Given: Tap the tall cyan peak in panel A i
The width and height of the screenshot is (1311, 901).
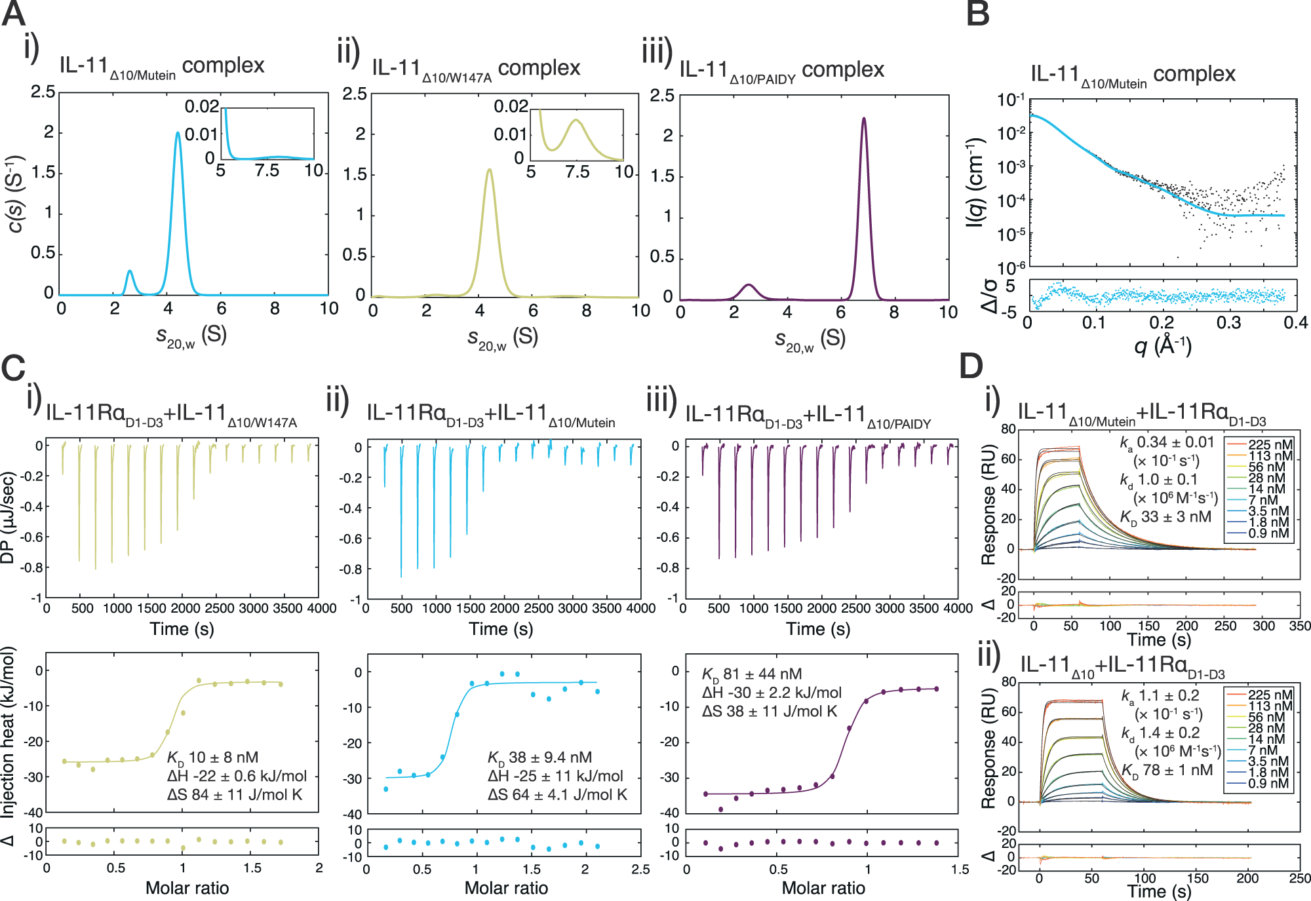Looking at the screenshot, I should pos(178,134).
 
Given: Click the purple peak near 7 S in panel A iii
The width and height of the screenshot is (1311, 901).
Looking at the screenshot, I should pos(864,119).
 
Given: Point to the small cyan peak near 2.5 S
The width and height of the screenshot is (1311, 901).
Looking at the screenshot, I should pos(130,271).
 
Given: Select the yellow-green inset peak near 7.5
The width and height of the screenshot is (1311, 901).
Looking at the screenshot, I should pos(576,121).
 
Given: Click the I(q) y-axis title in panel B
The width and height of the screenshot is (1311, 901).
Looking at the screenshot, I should pos(976,183).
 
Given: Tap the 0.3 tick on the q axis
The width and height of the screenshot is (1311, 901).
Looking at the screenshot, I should pos(1228,322).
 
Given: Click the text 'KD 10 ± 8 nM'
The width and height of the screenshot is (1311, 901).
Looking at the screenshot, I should pos(213,758).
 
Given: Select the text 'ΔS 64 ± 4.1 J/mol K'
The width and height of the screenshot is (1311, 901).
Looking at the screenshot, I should pos(557,795).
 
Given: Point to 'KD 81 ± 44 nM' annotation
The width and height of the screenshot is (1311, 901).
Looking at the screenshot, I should pos(752,674).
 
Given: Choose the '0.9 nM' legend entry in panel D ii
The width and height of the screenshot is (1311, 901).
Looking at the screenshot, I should pos(1268,784).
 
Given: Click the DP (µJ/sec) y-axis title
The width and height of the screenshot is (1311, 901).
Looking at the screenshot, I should pos(8,518).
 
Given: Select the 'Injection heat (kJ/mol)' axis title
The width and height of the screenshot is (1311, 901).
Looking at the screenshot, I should pos(8,733).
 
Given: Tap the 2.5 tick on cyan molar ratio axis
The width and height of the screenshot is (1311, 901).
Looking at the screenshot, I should pos(640,870).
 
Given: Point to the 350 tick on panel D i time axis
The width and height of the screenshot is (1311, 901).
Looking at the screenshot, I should pos(1299,626).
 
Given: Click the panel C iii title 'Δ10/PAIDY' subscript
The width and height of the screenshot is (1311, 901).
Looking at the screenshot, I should pos(899,425).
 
